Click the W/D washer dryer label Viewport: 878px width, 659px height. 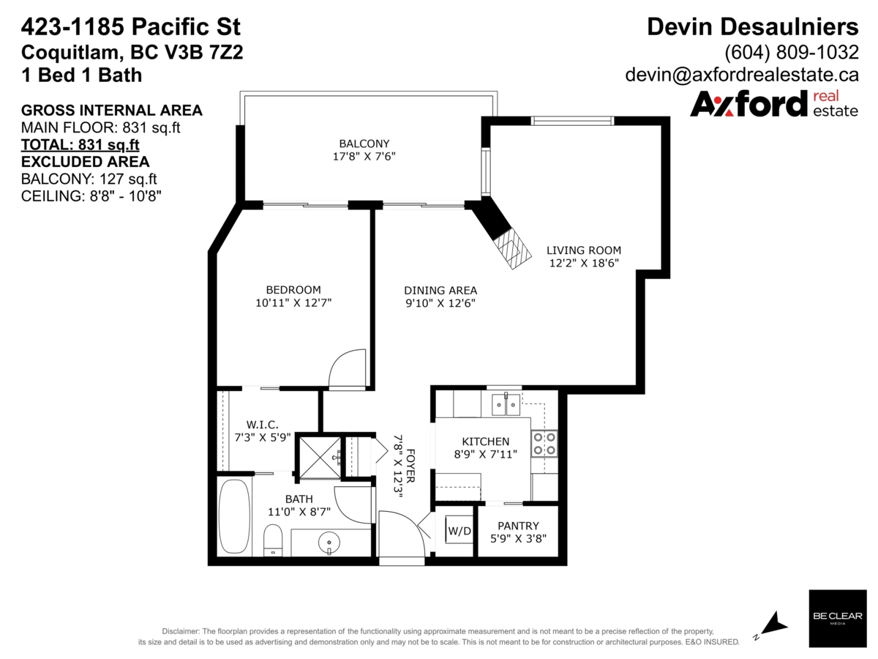point(459,530)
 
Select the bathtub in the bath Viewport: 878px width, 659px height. point(234,517)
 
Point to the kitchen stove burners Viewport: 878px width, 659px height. point(544,443)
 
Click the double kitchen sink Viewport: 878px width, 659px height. point(506,403)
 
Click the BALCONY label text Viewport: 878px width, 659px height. point(364,144)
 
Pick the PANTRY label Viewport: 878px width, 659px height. point(518,526)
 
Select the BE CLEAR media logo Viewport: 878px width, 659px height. point(837,618)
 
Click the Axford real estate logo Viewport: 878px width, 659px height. point(774,104)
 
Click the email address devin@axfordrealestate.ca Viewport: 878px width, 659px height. point(741,75)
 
